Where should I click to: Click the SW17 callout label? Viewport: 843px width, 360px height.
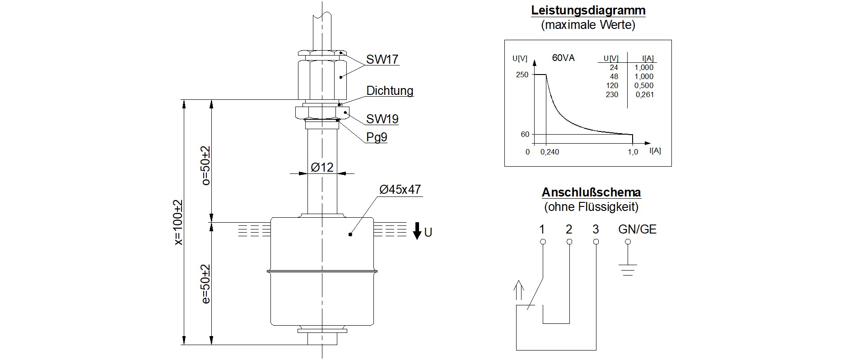[x=382, y=59]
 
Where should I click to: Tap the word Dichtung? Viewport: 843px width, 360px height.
[x=390, y=91]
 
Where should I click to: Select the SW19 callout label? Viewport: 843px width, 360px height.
[x=382, y=119]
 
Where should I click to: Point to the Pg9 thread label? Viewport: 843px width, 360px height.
[x=376, y=137]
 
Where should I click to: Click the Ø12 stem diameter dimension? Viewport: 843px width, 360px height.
[x=322, y=168]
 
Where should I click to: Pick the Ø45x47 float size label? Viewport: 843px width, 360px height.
[x=400, y=190]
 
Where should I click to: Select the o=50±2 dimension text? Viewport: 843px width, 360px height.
[x=205, y=166]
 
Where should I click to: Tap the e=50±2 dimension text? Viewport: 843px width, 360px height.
[x=205, y=284]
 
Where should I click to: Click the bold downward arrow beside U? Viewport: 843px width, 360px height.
[x=417, y=231]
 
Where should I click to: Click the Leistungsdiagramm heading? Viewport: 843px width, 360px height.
[x=588, y=10]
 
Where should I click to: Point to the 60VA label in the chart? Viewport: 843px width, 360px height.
[x=563, y=58]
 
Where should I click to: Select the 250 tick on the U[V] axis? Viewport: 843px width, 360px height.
[x=522, y=75]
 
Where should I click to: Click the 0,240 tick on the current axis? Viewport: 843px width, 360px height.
[x=550, y=152]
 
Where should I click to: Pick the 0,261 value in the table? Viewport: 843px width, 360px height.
[x=644, y=95]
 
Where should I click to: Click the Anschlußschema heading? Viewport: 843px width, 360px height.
[x=591, y=192]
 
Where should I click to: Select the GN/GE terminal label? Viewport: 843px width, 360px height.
[x=637, y=229]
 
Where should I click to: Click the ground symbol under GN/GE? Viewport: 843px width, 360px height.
[x=627, y=270]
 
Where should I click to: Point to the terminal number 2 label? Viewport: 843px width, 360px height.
[x=569, y=229]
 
